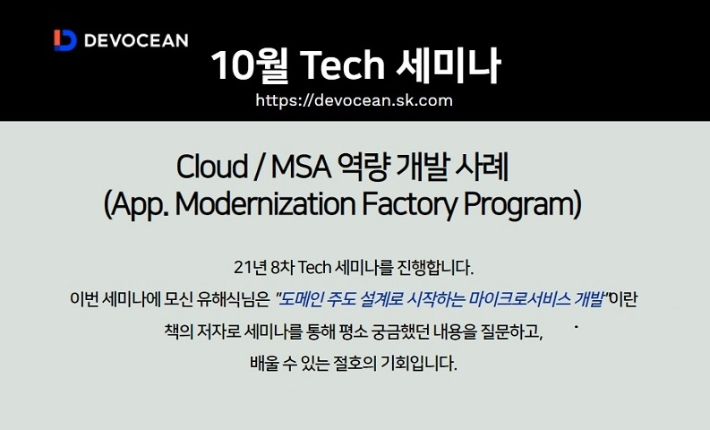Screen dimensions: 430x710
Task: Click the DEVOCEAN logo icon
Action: click(x=64, y=40)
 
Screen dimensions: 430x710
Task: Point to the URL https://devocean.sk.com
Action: click(x=354, y=100)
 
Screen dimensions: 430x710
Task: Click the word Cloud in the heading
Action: click(x=211, y=168)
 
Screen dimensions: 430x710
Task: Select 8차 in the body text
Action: click(x=282, y=267)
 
